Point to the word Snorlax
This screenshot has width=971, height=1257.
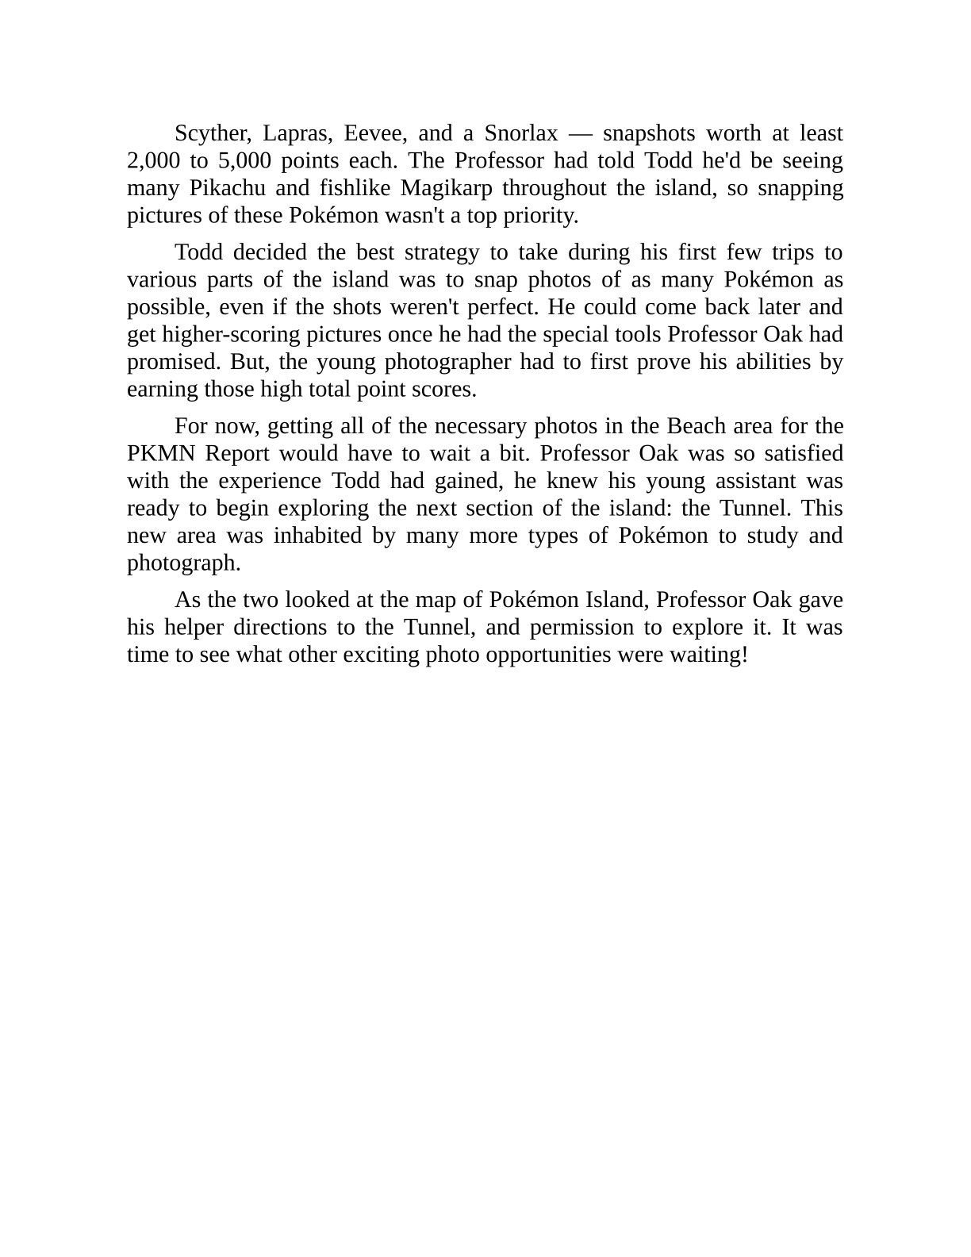point(521,133)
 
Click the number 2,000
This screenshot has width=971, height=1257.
point(153,161)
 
